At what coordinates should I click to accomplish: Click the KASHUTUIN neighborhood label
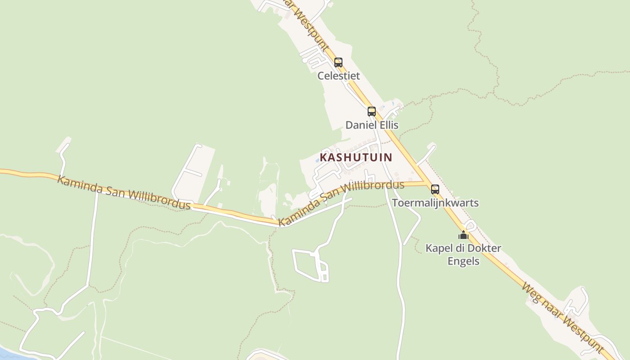tap(355, 157)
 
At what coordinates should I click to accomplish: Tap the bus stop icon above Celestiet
tap(338, 63)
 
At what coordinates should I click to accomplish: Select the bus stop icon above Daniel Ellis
tap(371, 111)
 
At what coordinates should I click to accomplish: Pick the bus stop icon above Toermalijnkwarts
tap(435, 189)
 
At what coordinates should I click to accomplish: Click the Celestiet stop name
tap(338, 76)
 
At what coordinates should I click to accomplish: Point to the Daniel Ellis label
tap(372, 125)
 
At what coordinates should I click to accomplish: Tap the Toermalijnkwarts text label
tap(435, 202)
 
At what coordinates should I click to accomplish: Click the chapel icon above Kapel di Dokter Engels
tap(463, 235)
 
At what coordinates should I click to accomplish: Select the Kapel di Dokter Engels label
tap(463, 254)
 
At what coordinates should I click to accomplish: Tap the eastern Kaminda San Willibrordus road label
tap(341, 203)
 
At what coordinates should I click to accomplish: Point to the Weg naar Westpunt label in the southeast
tap(562, 318)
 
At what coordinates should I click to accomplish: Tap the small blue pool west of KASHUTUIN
tap(318, 160)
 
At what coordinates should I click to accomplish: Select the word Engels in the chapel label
tap(463, 261)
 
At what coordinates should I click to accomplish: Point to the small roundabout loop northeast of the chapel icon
tap(471, 225)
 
